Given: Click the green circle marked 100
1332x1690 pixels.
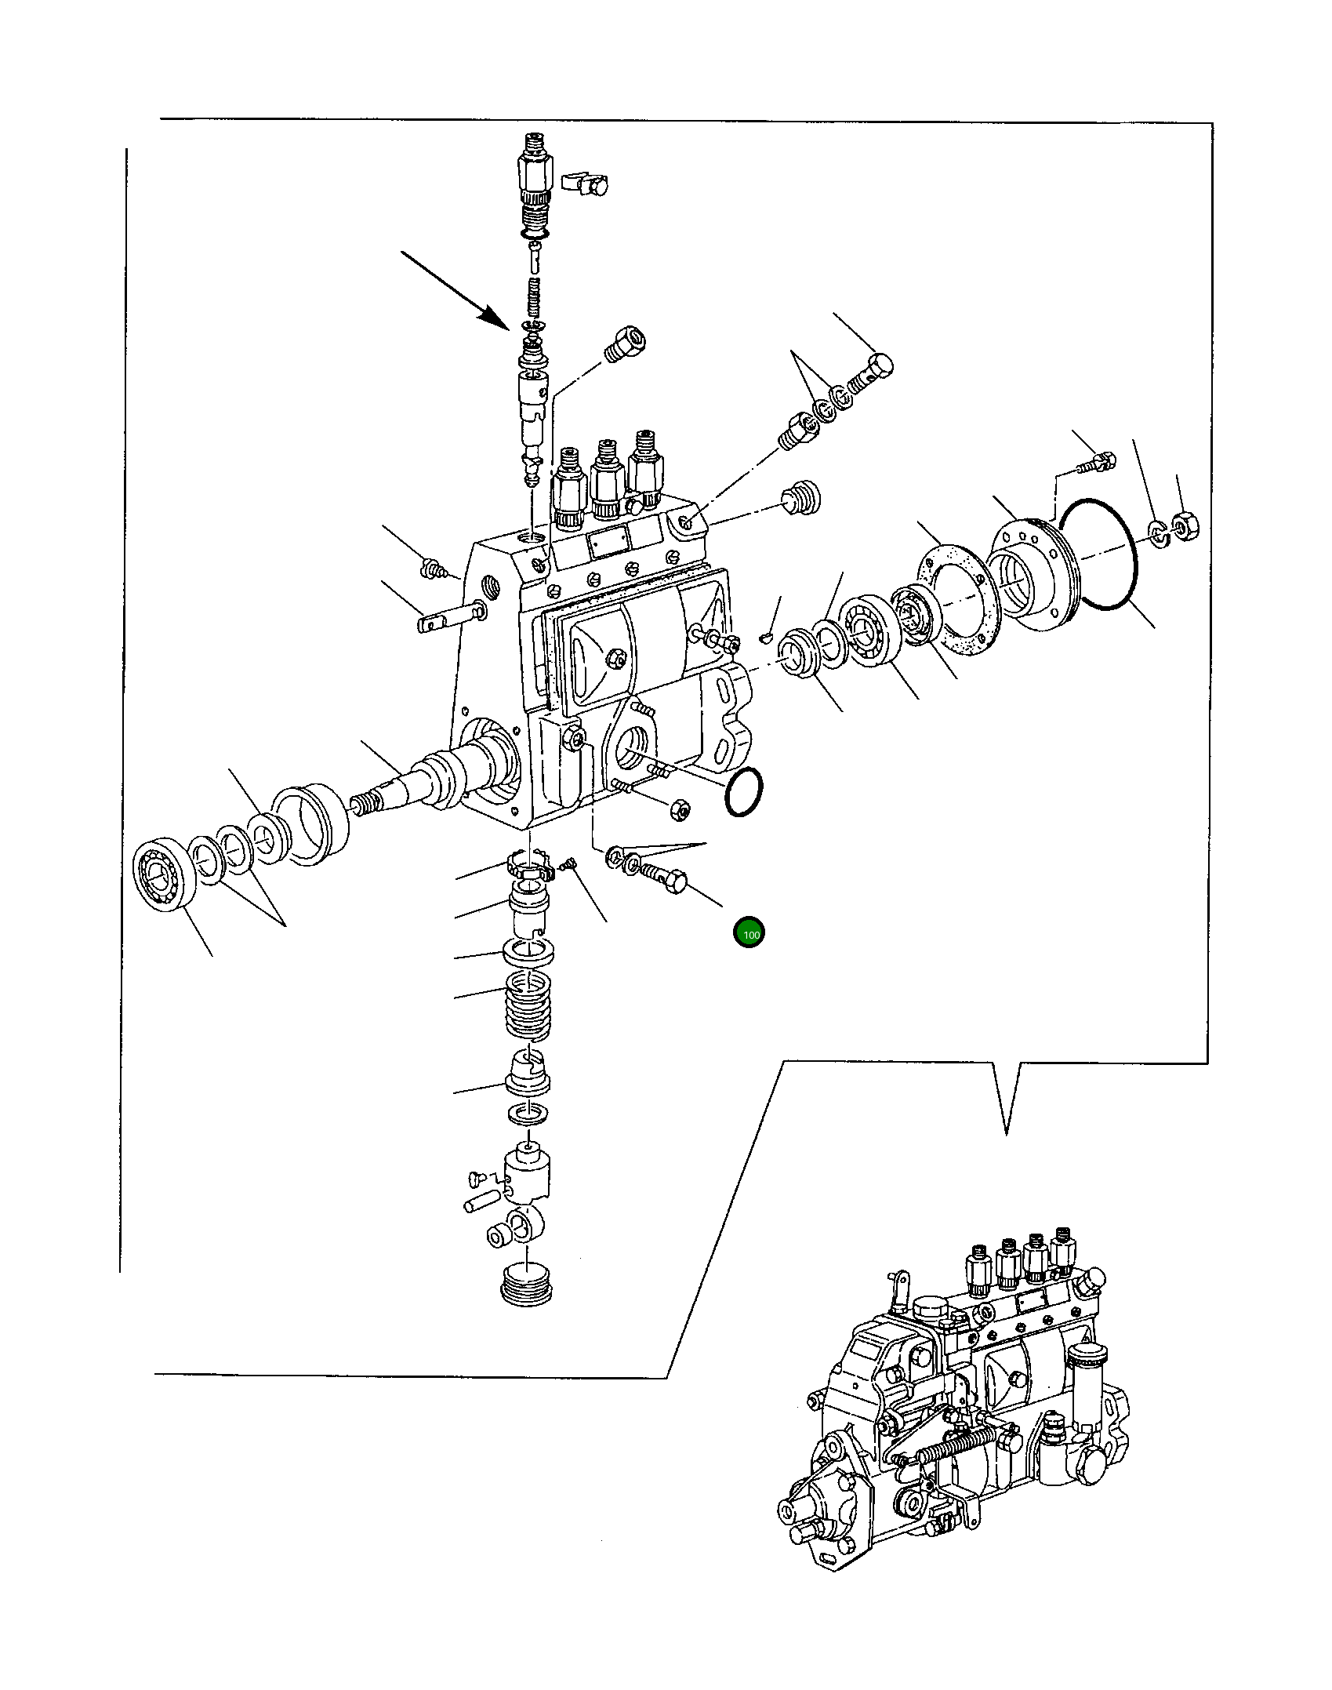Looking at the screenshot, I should tap(749, 933).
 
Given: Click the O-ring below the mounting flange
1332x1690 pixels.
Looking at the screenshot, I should tap(744, 791).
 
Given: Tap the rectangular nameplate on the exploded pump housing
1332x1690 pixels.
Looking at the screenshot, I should tap(608, 542).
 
